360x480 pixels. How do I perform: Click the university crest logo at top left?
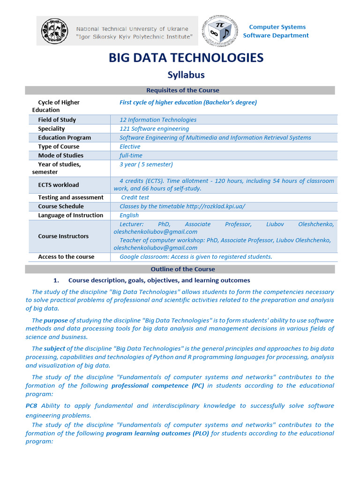tap(54, 31)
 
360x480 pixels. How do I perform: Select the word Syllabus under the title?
tap(186, 75)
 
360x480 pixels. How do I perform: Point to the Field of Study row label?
tap(57, 120)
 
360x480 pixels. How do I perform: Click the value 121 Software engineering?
tap(154, 128)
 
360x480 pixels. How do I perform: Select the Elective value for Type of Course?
tap(130, 146)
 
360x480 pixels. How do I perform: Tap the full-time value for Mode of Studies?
tap(131, 155)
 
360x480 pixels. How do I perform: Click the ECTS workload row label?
tap(59, 185)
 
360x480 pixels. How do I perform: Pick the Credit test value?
tap(135, 197)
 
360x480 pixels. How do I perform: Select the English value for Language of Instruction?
tap(129, 215)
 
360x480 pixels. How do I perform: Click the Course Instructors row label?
tap(63, 236)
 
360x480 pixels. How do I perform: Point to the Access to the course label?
tap(66, 256)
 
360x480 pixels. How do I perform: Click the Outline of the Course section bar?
tap(183, 269)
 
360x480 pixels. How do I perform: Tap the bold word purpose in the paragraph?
tap(56, 321)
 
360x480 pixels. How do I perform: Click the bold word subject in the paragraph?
tap(54, 349)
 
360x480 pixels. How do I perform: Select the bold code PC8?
tap(31, 406)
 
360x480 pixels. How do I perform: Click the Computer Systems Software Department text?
tap(276, 31)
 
